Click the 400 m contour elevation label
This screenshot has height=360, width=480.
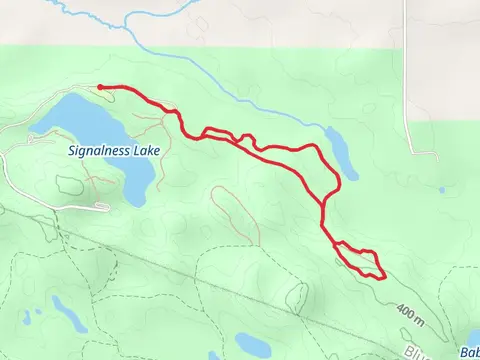[x=411, y=313]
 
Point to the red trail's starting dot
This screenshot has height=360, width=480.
[x=99, y=87]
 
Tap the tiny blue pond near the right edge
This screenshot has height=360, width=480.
[x=442, y=188]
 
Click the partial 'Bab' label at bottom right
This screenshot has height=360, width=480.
[x=469, y=352]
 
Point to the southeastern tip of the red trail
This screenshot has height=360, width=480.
[x=384, y=277]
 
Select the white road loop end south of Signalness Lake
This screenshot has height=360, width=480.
[x=102, y=206]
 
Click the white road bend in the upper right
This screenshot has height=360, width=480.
[x=437, y=155]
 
